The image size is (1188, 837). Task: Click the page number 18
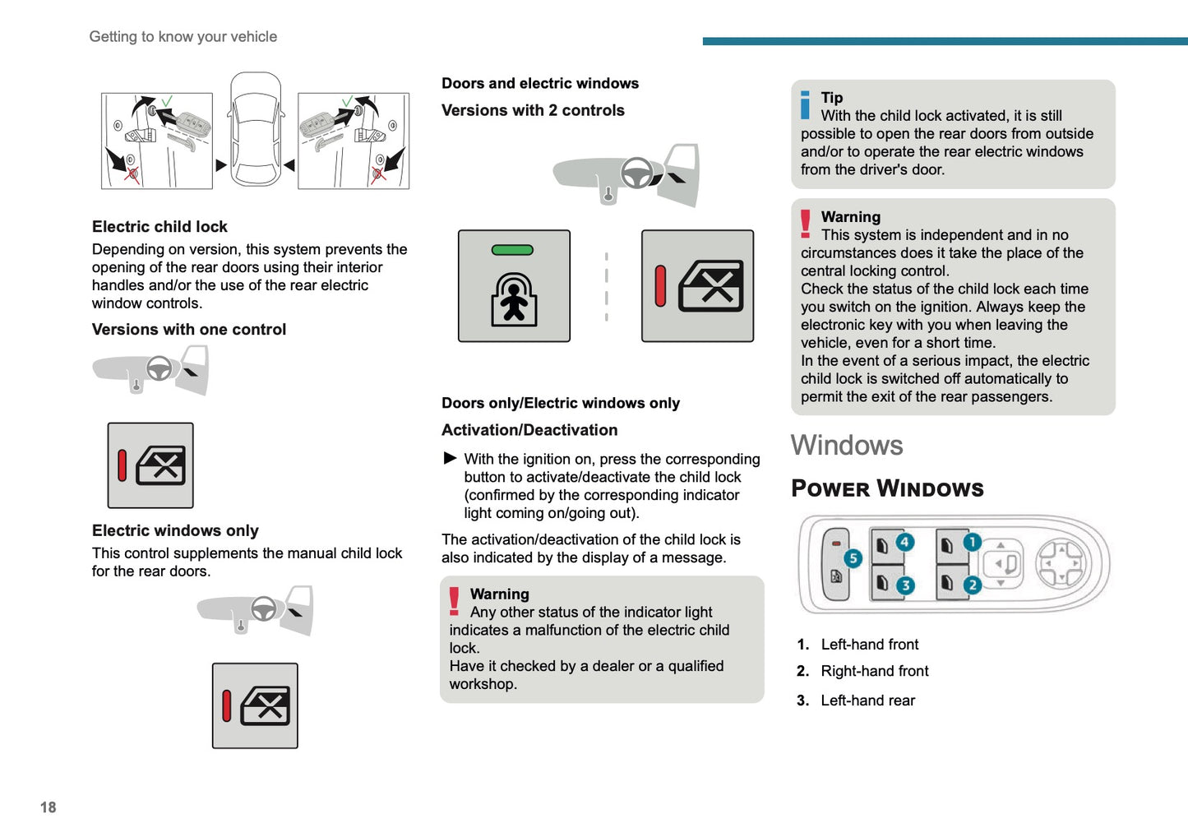click(x=49, y=807)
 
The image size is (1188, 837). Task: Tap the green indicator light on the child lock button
click(x=512, y=250)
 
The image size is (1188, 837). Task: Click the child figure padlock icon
click(x=514, y=300)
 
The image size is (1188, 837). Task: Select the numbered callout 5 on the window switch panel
click(x=853, y=558)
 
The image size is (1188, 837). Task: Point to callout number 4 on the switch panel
click(x=904, y=542)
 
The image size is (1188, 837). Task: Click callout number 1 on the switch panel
click(x=972, y=542)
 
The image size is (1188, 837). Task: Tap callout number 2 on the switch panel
click(x=972, y=585)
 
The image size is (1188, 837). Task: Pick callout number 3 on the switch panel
click(x=904, y=585)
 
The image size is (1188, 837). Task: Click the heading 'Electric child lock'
click(x=159, y=227)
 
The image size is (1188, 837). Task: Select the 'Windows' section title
click(x=847, y=446)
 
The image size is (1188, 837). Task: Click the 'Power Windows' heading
click(x=887, y=488)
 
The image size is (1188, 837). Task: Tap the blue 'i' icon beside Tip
click(x=806, y=105)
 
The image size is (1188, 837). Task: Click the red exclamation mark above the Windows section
click(x=806, y=224)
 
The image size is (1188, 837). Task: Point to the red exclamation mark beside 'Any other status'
click(x=454, y=601)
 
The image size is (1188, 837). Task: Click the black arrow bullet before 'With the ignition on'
click(x=450, y=458)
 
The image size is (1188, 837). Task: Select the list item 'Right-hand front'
click(x=874, y=671)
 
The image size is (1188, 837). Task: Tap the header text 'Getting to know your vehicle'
click(x=183, y=37)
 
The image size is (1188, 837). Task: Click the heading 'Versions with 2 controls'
click(x=533, y=110)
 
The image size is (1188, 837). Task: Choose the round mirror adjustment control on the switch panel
click(x=1061, y=564)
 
